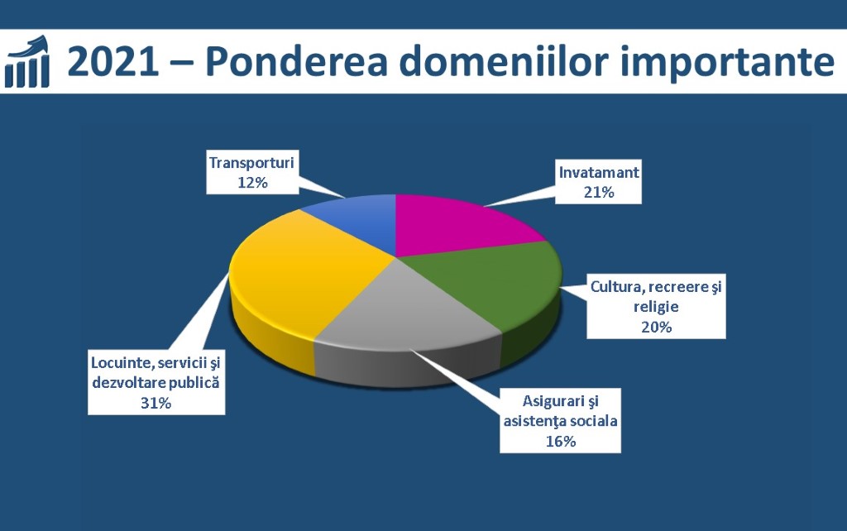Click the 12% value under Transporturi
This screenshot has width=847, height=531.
[x=253, y=183]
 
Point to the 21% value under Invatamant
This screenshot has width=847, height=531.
[x=599, y=193]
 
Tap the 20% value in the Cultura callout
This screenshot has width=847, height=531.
[x=656, y=327]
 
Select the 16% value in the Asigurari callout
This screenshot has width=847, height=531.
[x=561, y=442]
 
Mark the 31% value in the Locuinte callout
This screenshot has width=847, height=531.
[x=156, y=403]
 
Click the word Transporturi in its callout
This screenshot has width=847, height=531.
[x=251, y=163]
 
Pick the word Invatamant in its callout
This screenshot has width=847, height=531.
[x=599, y=172]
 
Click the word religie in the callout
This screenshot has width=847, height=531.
[x=656, y=308]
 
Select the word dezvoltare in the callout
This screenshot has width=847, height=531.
[x=128, y=382]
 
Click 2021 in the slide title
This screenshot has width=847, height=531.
[x=113, y=61]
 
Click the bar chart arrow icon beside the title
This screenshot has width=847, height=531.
[x=27, y=61]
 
